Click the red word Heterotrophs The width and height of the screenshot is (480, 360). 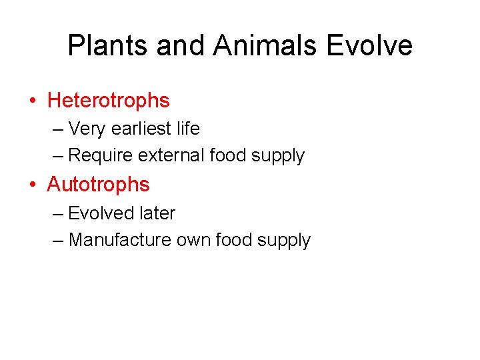coord(109,101)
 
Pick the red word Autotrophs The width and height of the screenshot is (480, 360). coord(99,185)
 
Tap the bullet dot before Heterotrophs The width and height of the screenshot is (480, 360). coord(32,101)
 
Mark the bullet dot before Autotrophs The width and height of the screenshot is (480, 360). coord(32,185)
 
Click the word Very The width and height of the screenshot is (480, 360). coord(84,128)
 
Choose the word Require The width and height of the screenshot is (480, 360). coord(101,156)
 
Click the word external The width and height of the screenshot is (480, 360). coord(171,156)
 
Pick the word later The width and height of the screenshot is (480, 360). coord(155,213)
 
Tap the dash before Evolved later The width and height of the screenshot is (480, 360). coord(58,214)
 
